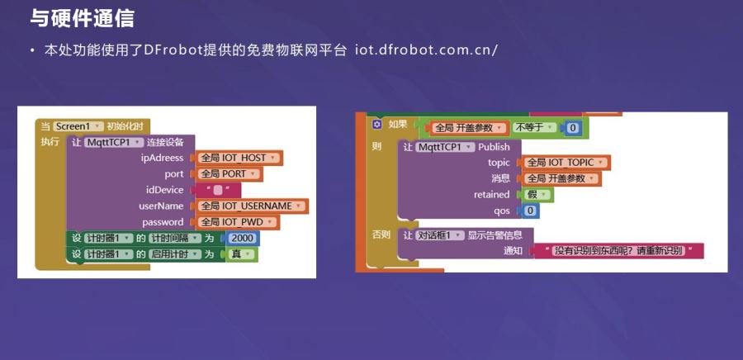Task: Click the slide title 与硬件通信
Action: point(82,18)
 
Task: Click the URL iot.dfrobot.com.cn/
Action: point(426,50)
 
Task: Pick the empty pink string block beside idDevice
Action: point(217,190)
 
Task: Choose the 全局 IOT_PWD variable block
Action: point(234,222)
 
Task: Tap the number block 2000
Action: point(242,238)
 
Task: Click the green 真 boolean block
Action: point(242,254)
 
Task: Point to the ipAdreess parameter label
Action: point(162,158)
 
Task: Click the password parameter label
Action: point(163,222)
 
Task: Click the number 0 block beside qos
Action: point(529,211)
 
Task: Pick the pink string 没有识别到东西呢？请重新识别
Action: point(619,250)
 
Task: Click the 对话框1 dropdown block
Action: point(439,235)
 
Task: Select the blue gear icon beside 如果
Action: point(377,124)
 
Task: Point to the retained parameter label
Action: point(491,194)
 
